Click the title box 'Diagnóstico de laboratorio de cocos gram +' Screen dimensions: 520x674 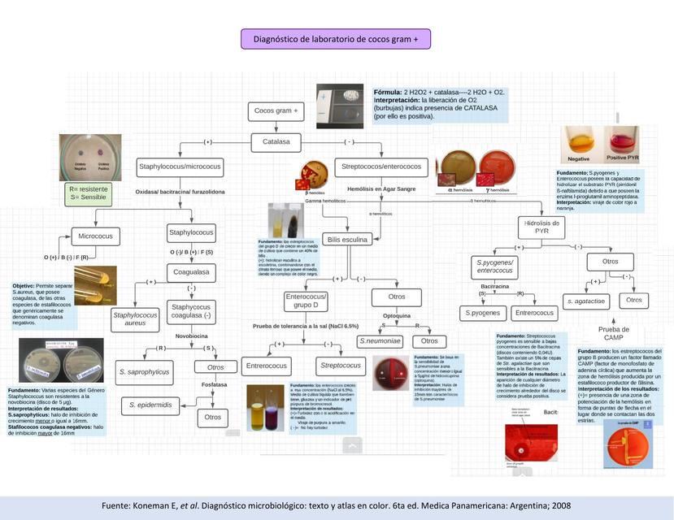336,38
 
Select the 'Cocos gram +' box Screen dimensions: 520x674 276,110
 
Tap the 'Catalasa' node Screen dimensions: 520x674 276,141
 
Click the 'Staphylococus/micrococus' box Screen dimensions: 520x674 179,167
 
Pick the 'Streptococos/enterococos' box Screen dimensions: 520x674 378,167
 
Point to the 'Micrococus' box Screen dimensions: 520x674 95,236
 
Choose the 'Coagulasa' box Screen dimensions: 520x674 191,273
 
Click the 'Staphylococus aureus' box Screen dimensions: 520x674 135,318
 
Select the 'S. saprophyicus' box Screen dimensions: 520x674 143,372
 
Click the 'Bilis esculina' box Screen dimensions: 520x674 347,240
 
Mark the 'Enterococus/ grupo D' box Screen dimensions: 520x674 305,301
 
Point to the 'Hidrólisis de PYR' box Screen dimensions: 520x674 542,227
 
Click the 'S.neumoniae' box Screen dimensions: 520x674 380,341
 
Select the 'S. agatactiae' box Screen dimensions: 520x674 586,301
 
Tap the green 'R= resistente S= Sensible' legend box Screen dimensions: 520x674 89,193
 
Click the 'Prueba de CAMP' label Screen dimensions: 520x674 614,332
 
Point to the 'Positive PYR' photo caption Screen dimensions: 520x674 622,158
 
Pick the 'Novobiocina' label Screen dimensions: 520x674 192,336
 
